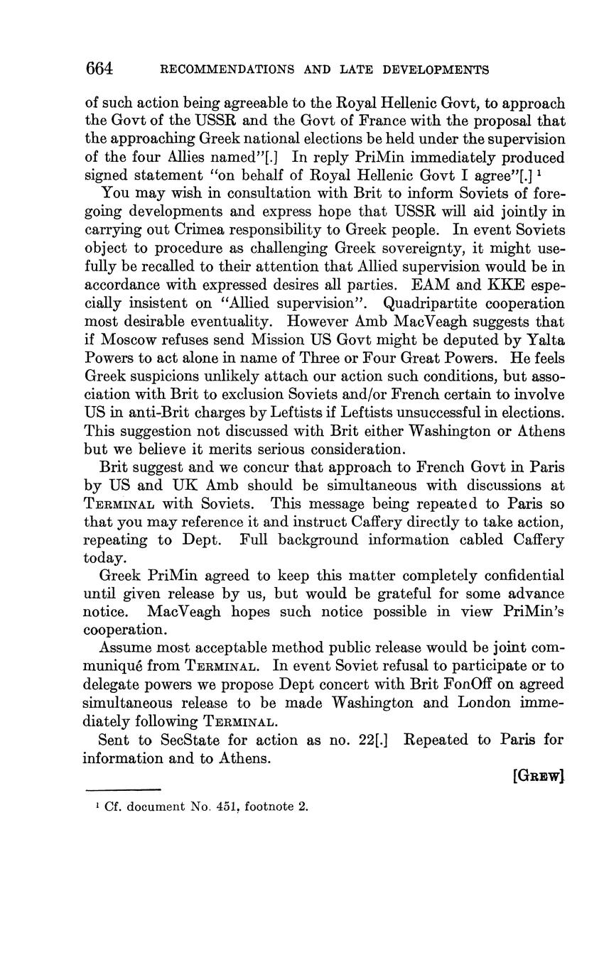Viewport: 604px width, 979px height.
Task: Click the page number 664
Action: click(x=99, y=69)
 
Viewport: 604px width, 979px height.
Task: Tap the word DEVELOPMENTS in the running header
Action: click(x=436, y=70)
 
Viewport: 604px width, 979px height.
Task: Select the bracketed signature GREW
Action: click(x=538, y=776)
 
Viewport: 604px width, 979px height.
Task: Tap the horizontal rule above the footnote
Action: click(x=124, y=789)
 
